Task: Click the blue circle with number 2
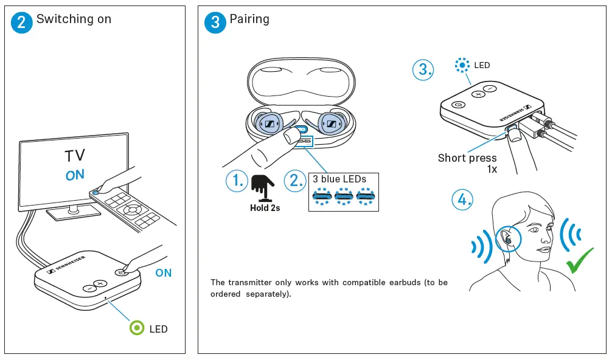22,22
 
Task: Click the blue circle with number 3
215,22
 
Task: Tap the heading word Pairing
249,19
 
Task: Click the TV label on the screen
75,156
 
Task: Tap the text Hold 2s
265,208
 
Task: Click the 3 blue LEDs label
339,179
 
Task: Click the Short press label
467,158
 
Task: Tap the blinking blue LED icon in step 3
463,65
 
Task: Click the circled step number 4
462,199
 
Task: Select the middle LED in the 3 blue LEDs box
344,196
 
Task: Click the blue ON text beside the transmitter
163,273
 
